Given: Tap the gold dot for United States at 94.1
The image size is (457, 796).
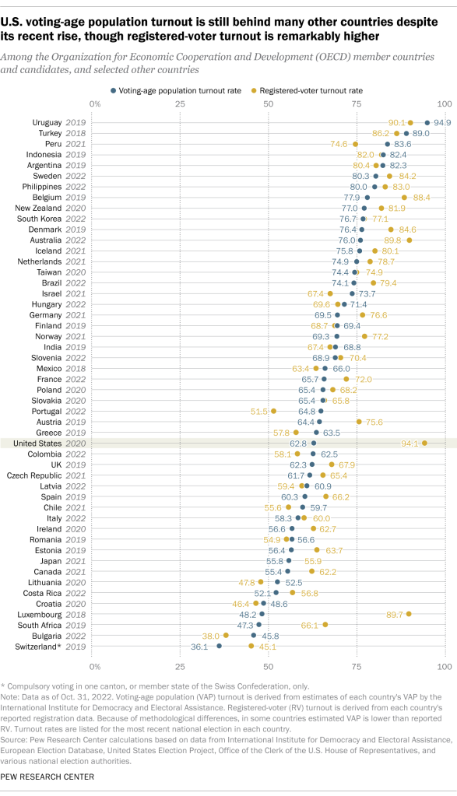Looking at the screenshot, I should coord(424,443).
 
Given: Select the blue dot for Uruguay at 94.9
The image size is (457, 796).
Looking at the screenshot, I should coord(427,122).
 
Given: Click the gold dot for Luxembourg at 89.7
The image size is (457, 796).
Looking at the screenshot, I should coord(409,613).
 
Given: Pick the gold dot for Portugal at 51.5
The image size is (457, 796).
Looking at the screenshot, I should coord(274,410).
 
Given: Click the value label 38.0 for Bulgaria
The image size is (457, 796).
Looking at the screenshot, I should coord(209,635).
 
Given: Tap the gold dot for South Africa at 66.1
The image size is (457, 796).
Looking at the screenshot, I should coord(325,624).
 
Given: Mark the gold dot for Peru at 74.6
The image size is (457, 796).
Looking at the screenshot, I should coord(356,144).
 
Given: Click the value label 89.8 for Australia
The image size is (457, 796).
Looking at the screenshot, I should coord(390,240).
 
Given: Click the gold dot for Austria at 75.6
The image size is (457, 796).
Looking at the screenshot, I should coord(359,421).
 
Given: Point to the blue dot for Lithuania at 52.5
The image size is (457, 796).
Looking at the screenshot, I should coord(278,581).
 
